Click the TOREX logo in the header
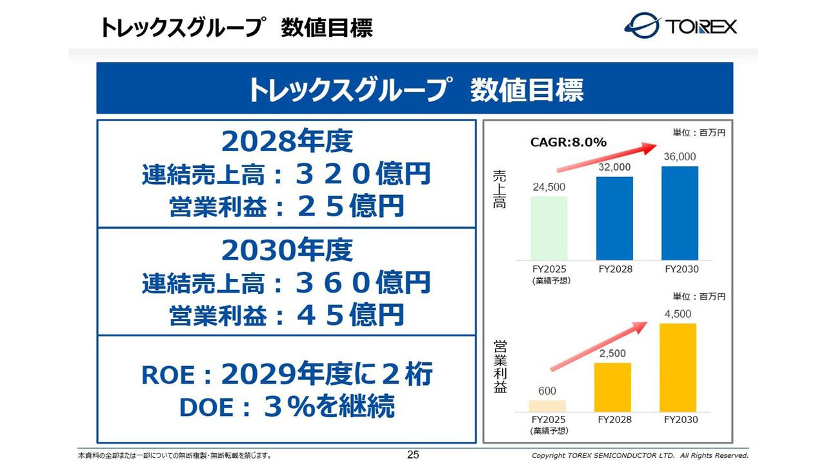tap(680, 26)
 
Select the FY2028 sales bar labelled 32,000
tap(614, 218)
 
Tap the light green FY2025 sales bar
tap(549, 227)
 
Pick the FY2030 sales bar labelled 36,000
tap(680, 212)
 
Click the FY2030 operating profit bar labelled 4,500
tap(678, 367)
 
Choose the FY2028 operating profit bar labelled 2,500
tap(612, 387)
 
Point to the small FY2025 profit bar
tap(547, 406)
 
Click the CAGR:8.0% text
tap(568, 143)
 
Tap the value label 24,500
tap(549, 187)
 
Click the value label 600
tap(547, 391)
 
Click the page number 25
tap(413, 455)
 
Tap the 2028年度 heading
tap(287, 141)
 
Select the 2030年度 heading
tap(287, 249)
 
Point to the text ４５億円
tap(349, 315)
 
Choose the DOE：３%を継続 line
tap(286, 407)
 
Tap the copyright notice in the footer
tap(640, 456)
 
